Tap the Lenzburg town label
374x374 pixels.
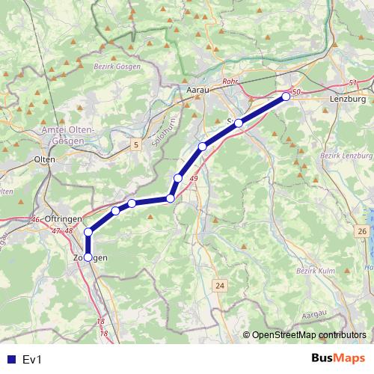click(348, 99)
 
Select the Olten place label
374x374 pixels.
click(46, 160)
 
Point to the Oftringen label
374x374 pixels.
click(62, 218)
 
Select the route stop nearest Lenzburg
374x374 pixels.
click(286, 96)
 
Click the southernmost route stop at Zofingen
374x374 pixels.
click(88, 257)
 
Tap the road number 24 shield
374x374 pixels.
click(219, 286)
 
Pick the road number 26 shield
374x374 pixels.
click(362, 233)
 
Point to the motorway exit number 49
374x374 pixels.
click(194, 179)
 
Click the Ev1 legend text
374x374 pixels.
click(32, 360)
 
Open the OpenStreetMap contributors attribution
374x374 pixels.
click(309, 335)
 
